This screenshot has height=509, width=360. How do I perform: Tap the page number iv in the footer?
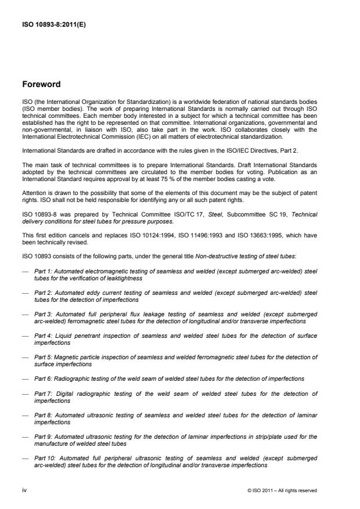tap(24, 490)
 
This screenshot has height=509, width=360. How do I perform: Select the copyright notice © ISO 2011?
tap(282, 490)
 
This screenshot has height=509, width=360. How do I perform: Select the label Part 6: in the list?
tap(44, 378)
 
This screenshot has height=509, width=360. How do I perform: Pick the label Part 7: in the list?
tap(44, 394)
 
